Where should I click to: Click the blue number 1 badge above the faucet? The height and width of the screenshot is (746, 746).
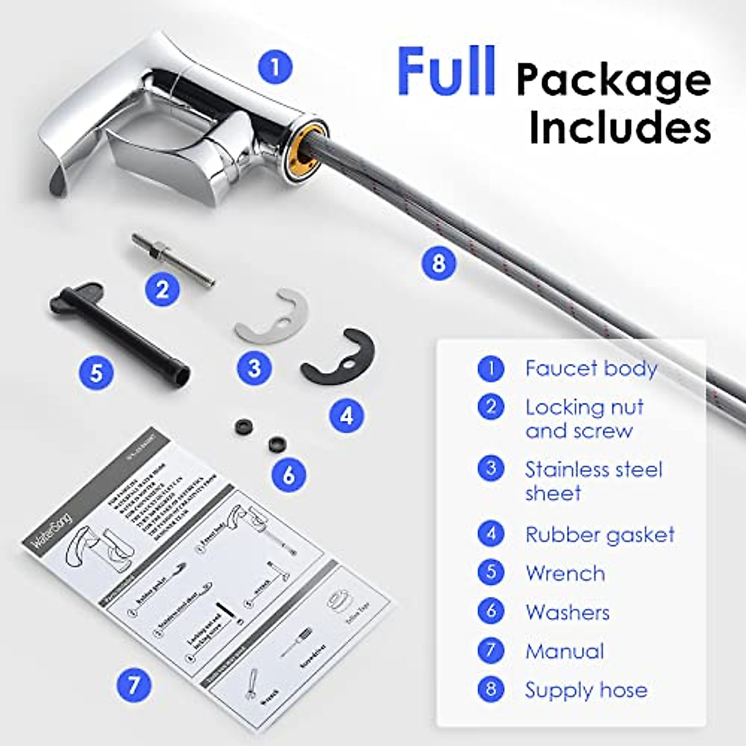click(x=275, y=66)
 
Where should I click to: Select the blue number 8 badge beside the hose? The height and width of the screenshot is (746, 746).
click(x=439, y=263)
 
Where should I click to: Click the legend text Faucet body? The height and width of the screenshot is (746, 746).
click(x=591, y=369)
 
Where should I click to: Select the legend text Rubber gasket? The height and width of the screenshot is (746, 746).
click(x=599, y=535)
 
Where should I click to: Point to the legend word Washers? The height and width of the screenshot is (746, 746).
click(x=567, y=612)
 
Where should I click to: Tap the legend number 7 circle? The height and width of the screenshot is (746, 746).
click(x=491, y=650)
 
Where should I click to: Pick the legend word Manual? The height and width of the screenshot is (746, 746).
click(x=564, y=652)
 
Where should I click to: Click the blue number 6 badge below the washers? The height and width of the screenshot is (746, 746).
click(x=288, y=475)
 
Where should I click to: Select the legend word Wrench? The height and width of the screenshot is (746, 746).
click(x=564, y=573)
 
